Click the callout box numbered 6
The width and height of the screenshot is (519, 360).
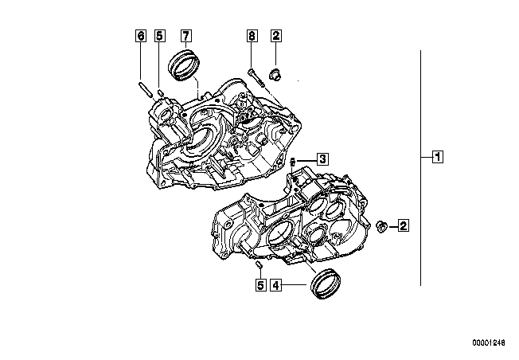pyautogui.click(x=141, y=36)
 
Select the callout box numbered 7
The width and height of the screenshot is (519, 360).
pyautogui.click(x=185, y=36)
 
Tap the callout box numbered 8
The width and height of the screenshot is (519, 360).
pyautogui.click(x=252, y=36)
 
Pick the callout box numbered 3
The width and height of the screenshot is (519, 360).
pyautogui.click(x=322, y=159)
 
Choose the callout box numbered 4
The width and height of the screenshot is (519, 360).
pyautogui.click(x=276, y=284)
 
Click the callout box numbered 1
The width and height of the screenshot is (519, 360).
pyautogui.click(x=438, y=156)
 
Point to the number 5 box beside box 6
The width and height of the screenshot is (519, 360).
pyautogui.click(x=160, y=36)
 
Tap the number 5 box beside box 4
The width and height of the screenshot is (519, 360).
pyautogui.click(x=261, y=284)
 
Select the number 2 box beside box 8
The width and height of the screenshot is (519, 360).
pyautogui.click(x=276, y=36)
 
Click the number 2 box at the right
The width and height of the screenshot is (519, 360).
pyautogui.click(x=403, y=226)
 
